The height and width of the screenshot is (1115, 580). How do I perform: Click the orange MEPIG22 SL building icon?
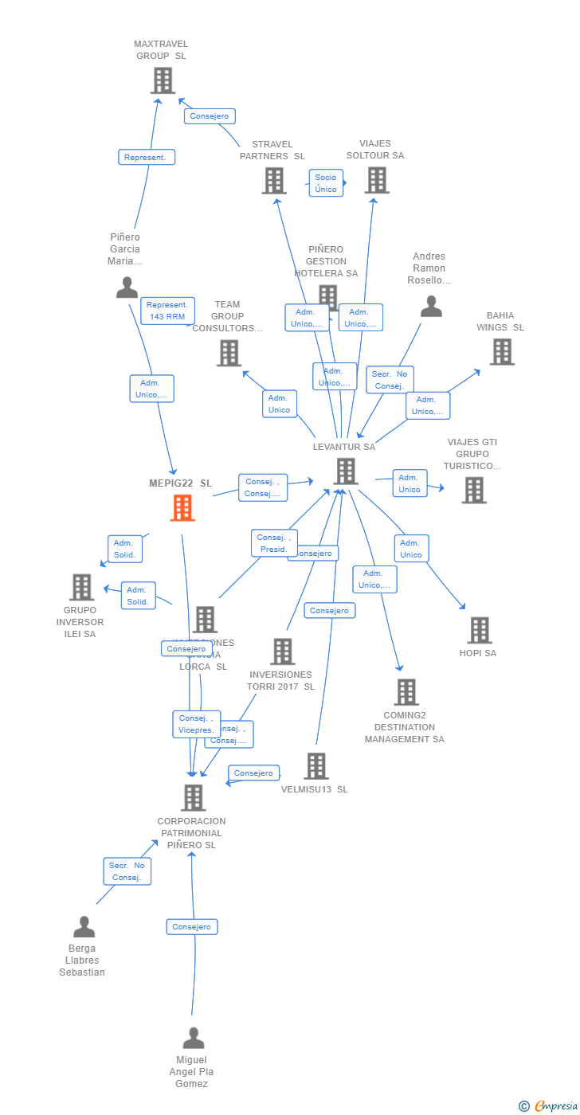(x=182, y=507)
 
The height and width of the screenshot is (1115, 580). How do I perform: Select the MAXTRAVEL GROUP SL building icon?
(x=163, y=80)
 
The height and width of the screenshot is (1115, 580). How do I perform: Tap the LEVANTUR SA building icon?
(x=346, y=471)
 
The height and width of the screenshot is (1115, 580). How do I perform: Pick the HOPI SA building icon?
(x=479, y=630)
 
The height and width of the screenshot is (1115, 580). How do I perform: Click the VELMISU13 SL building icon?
(x=316, y=766)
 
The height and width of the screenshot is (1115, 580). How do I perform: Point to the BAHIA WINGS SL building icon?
(x=501, y=351)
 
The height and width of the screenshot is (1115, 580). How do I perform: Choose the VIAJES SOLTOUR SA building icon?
(x=377, y=180)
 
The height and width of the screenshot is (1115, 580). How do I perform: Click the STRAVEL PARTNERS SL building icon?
(x=274, y=181)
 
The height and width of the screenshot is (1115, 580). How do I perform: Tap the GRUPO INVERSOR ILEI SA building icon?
(x=81, y=587)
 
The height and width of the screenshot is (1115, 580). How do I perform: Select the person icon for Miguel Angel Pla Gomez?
(x=194, y=1038)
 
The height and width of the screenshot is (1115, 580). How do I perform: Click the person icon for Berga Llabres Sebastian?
(x=84, y=926)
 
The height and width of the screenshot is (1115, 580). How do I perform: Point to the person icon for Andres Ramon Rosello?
(x=431, y=306)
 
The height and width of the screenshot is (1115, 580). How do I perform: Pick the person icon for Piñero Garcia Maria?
(x=127, y=287)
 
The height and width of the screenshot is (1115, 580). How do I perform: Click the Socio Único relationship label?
(x=326, y=183)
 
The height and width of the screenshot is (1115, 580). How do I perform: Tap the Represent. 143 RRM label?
(x=167, y=311)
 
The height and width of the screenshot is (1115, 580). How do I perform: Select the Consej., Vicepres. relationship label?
(x=196, y=724)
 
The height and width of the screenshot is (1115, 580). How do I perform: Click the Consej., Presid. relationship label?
(x=274, y=543)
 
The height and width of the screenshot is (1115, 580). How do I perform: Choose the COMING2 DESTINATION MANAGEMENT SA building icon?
(x=406, y=692)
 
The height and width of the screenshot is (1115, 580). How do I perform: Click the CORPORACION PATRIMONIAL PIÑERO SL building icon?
(x=193, y=797)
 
